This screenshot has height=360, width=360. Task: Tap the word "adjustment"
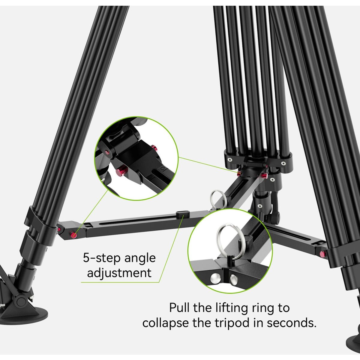click(119, 273)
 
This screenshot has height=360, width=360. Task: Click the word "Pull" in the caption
click(179, 307)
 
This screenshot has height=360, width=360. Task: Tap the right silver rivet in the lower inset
click(234, 279)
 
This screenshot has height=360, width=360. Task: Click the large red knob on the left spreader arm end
click(73, 235)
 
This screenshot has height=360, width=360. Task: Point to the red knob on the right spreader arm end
click(322, 254)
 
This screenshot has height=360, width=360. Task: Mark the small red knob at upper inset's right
click(154, 148)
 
